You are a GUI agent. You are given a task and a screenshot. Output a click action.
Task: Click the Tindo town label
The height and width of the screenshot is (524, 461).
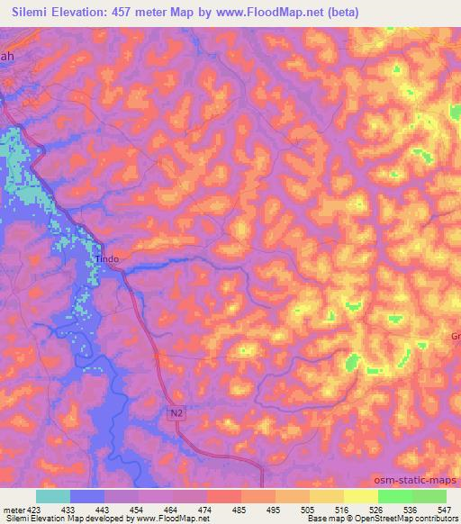click(106, 258)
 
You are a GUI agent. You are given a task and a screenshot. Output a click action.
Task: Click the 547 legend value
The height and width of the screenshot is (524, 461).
click(445, 509)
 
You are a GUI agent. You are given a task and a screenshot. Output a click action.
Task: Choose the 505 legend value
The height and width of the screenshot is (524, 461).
click(309, 509)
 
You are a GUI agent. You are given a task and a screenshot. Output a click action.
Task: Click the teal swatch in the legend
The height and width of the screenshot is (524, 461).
click(53, 496)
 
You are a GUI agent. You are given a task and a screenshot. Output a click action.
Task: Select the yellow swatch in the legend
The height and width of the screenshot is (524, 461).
click(360, 496)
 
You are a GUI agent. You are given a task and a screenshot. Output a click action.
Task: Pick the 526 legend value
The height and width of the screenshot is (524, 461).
click(376, 509)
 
